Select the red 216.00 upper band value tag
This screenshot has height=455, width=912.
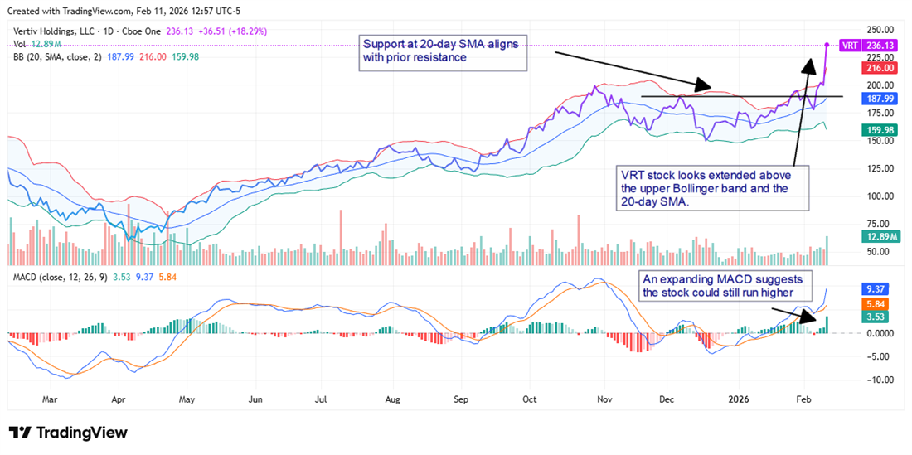(x=876, y=67)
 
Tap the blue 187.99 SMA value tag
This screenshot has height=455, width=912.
(x=876, y=99)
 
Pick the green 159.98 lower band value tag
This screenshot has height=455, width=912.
(x=876, y=130)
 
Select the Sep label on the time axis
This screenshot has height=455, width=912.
(x=463, y=398)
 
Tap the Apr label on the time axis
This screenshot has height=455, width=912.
(x=118, y=398)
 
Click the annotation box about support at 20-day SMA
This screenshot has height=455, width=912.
(x=440, y=51)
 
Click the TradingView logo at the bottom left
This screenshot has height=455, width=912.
(x=68, y=433)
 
